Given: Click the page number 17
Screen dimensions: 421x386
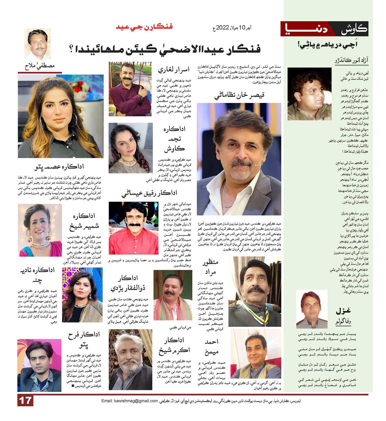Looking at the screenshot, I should (x=25, y=401).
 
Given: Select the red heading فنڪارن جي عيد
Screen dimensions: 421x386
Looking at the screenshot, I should (x=144, y=27).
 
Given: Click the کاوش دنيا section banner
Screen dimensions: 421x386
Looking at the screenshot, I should (x=324, y=29).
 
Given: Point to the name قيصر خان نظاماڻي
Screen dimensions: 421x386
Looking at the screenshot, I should (x=239, y=95).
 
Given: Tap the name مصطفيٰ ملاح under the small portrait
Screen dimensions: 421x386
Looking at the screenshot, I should (x=40, y=66).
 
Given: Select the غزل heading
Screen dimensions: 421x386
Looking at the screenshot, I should (x=343, y=311).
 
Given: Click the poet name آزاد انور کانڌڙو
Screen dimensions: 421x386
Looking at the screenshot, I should (x=352, y=61).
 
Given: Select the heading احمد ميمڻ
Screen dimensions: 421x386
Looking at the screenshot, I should (x=212, y=347).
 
